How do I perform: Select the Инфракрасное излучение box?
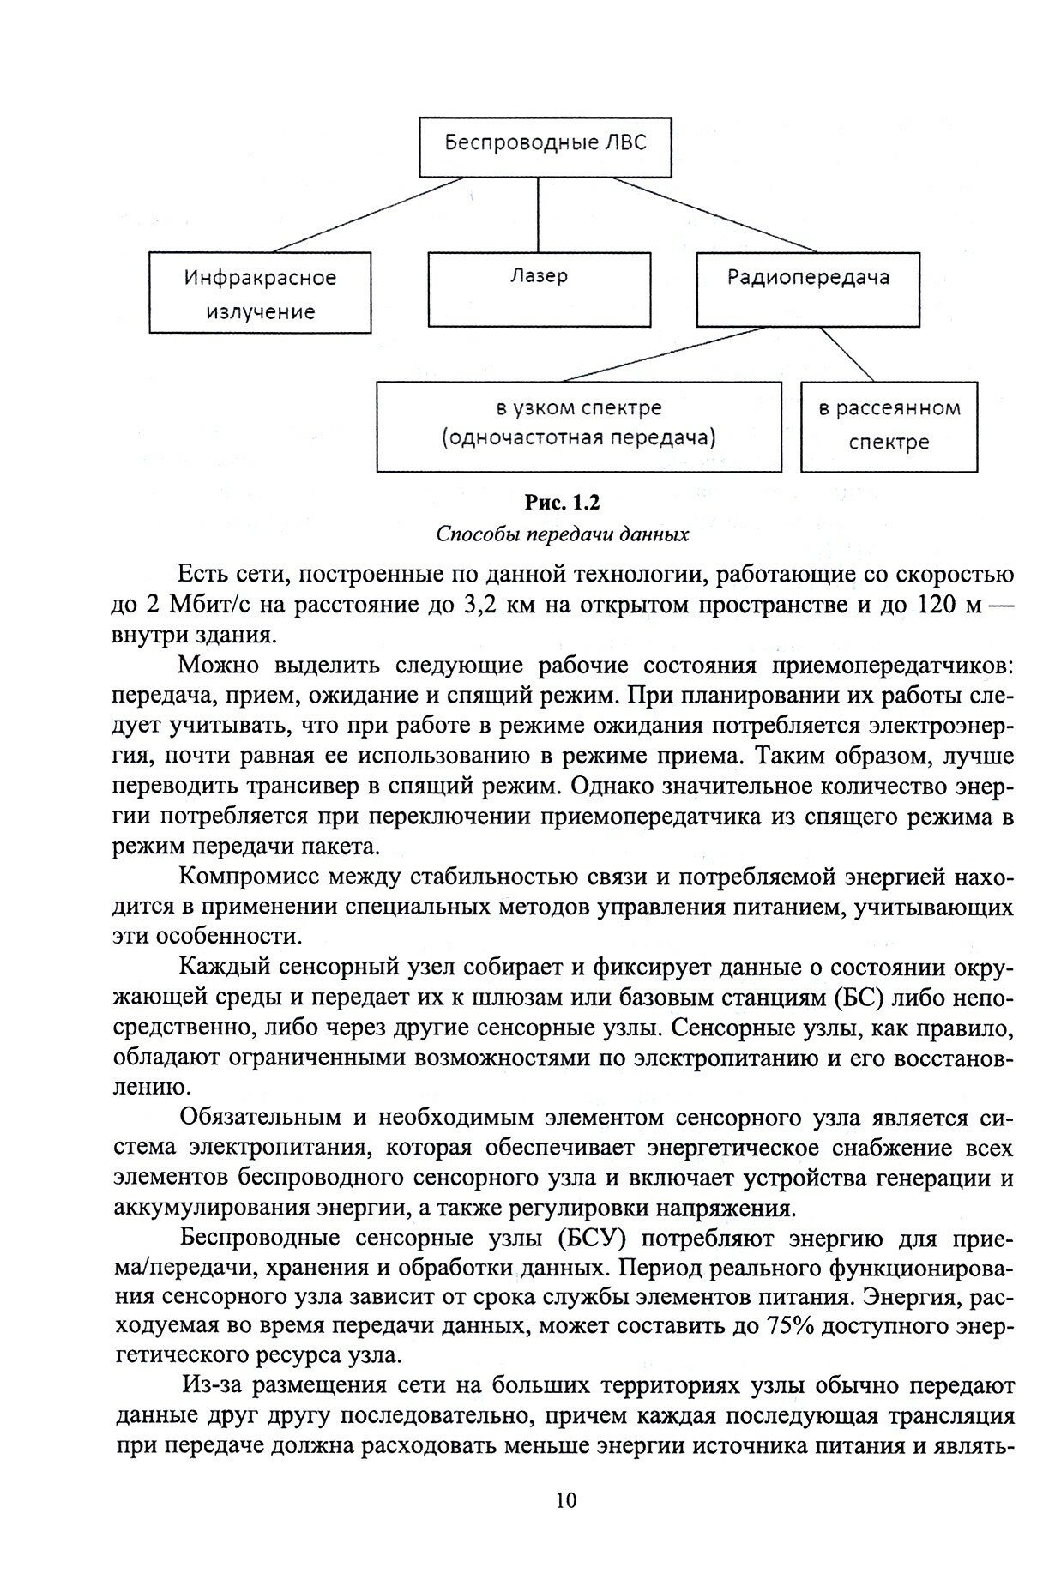260,292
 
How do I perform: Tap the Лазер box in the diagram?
538,288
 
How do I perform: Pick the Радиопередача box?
807,288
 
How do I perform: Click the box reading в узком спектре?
579,426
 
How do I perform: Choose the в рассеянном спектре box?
888,426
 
